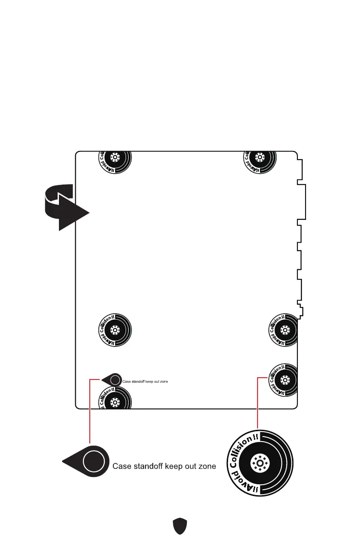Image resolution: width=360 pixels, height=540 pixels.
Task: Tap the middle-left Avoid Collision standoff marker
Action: pyautogui.click(x=116, y=329)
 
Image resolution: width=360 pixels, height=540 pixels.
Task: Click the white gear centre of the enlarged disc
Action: pyautogui.click(x=259, y=463)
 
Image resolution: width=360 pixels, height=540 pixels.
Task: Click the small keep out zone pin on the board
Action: pyautogui.click(x=112, y=380)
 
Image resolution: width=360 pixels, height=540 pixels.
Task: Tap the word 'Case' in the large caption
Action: pyautogui.click(x=122, y=466)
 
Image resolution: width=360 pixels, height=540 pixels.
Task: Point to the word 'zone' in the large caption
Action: pyautogui.click(x=206, y=466)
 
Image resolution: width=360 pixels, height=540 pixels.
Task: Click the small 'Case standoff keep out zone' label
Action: pyautogui.click(x=146, y=382)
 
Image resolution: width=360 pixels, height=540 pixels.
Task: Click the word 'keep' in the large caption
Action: pyautogui.click(x=175, y=466)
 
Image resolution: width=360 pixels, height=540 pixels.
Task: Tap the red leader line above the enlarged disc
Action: pyautogui.click(x=258, y=404)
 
